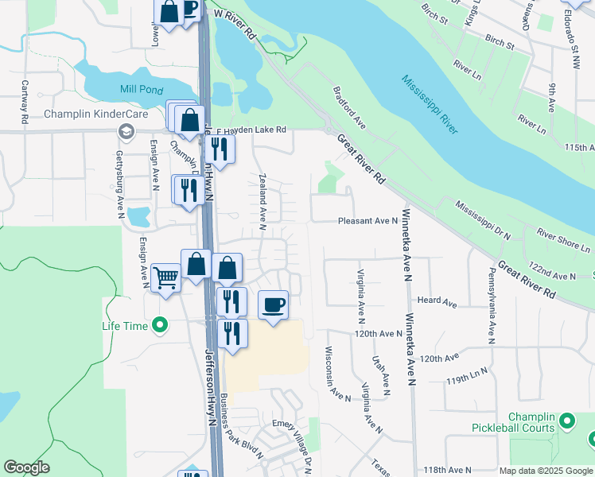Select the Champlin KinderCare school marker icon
click(125, 131)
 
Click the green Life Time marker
click(160, 325)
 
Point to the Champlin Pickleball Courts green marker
click(567, 419)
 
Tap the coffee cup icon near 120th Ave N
click(273, 305)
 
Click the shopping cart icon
click(165, 278)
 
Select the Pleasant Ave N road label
click(367, 221)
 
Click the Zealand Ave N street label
click(262, 200)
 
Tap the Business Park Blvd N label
click(242, 426)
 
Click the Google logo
click(26, 467)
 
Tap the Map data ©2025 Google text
click(544, 471)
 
